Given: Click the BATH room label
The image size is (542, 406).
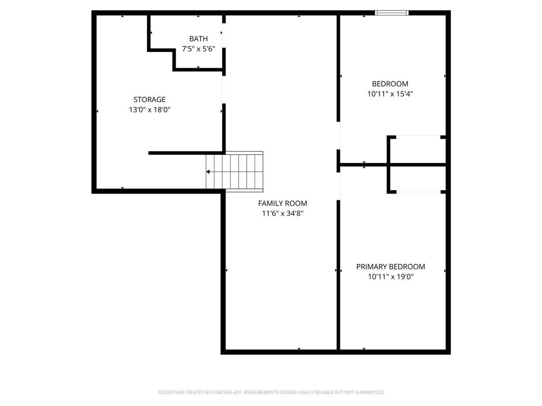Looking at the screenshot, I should click(x=198, y=39).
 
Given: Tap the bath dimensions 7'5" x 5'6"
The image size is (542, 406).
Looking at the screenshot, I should click(x=198, y=49).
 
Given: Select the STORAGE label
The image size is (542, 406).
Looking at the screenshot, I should click(x=149, y=99).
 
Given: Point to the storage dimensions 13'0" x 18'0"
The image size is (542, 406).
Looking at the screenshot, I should click(x=149, y=110).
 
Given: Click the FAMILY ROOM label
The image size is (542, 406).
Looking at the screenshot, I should click(x=282, y=204).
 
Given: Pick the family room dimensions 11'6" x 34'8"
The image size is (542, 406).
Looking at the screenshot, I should click(x=282, y=214).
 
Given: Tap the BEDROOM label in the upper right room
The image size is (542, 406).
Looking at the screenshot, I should click(x=390, y=84).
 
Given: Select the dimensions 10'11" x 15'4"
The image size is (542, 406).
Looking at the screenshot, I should click(x=390, y=94).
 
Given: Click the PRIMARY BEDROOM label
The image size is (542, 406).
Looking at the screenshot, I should click(x=391, y=267).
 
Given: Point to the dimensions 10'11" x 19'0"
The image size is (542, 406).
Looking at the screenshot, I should click(x=391, y=276).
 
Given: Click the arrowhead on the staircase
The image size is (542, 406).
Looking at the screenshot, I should click(x=208, y=172).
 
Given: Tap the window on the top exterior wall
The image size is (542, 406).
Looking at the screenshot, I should click(x=392, y=13).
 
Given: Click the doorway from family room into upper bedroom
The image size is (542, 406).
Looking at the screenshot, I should click(x=338, y=136).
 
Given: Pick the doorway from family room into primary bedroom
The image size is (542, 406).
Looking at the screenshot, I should click(x=338, y=185).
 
